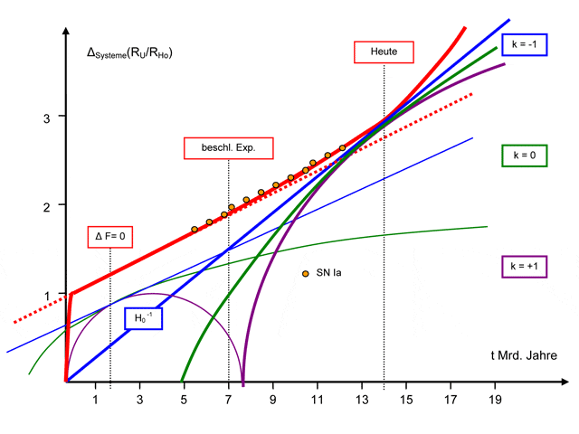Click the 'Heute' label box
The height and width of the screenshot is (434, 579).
(384, 52)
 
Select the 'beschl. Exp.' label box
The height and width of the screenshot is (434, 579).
(228, 147)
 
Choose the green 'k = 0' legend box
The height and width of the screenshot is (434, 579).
(524, 155)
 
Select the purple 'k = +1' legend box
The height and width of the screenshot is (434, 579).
(524, 267)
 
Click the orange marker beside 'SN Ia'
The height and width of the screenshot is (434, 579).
(306, 273)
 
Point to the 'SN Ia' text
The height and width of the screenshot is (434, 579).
(329, 273)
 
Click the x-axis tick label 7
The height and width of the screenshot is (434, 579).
(228, 399)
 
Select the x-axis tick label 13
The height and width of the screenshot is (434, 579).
(362, 399)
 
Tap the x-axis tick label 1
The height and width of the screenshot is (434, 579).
(96, 399)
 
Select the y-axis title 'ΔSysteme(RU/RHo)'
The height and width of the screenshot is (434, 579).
(129, 53)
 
